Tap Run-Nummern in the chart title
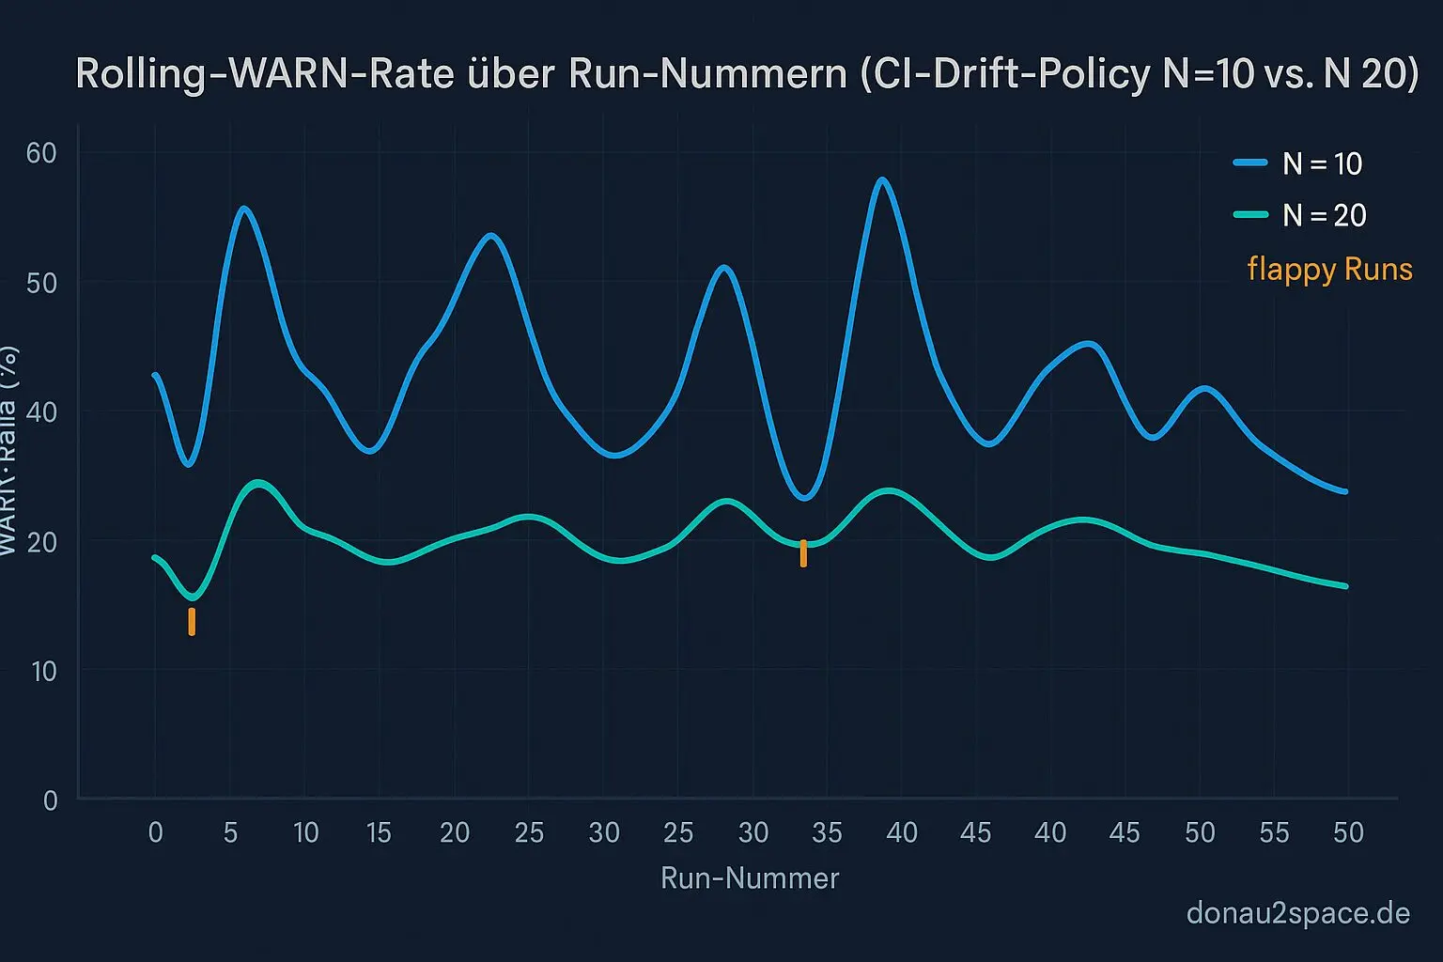click(707, 73)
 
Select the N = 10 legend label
click(1323, 163)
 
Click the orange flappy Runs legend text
click(1329, 270)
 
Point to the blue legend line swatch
click(1250, 163)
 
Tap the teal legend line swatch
click(1250, 214)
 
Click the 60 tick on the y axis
click(41, 152)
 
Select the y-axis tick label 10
click(43, 671)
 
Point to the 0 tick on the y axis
click(50, 800)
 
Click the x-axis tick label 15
click(379, 832)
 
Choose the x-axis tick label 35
click(827, 832)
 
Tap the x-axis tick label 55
click(1274, 832)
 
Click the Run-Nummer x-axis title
click(750, 878)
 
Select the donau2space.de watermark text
click(1298, 913)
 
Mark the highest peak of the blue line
click(881, 179)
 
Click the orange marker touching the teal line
click(803, 553)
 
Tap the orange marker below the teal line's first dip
click(192, 621)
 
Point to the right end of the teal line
click(1345, 586)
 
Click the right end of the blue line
click(1345, 491)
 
